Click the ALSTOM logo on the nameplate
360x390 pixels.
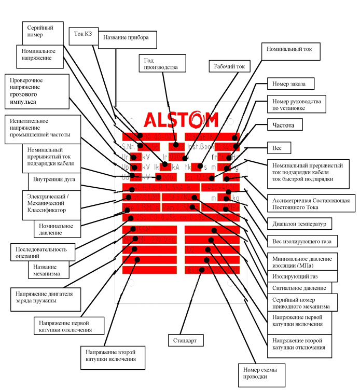tap(181, 120)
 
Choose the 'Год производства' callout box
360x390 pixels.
tap(161, 63)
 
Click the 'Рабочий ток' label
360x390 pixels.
tap(230, 67)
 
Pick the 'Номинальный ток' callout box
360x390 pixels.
tap(292, 52)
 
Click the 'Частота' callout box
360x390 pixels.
tap(284, 125)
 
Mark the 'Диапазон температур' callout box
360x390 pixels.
tap(300, 225)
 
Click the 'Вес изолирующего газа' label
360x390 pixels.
tap(300, 242)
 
